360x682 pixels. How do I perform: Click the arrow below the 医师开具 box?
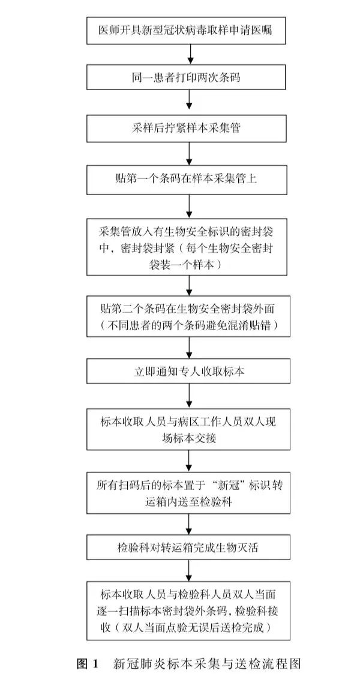pos(190,54)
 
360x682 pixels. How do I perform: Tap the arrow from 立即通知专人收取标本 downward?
pos(190,396)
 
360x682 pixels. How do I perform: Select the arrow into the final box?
pos(190,571)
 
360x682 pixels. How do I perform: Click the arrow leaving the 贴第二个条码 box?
pos(190,348)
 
